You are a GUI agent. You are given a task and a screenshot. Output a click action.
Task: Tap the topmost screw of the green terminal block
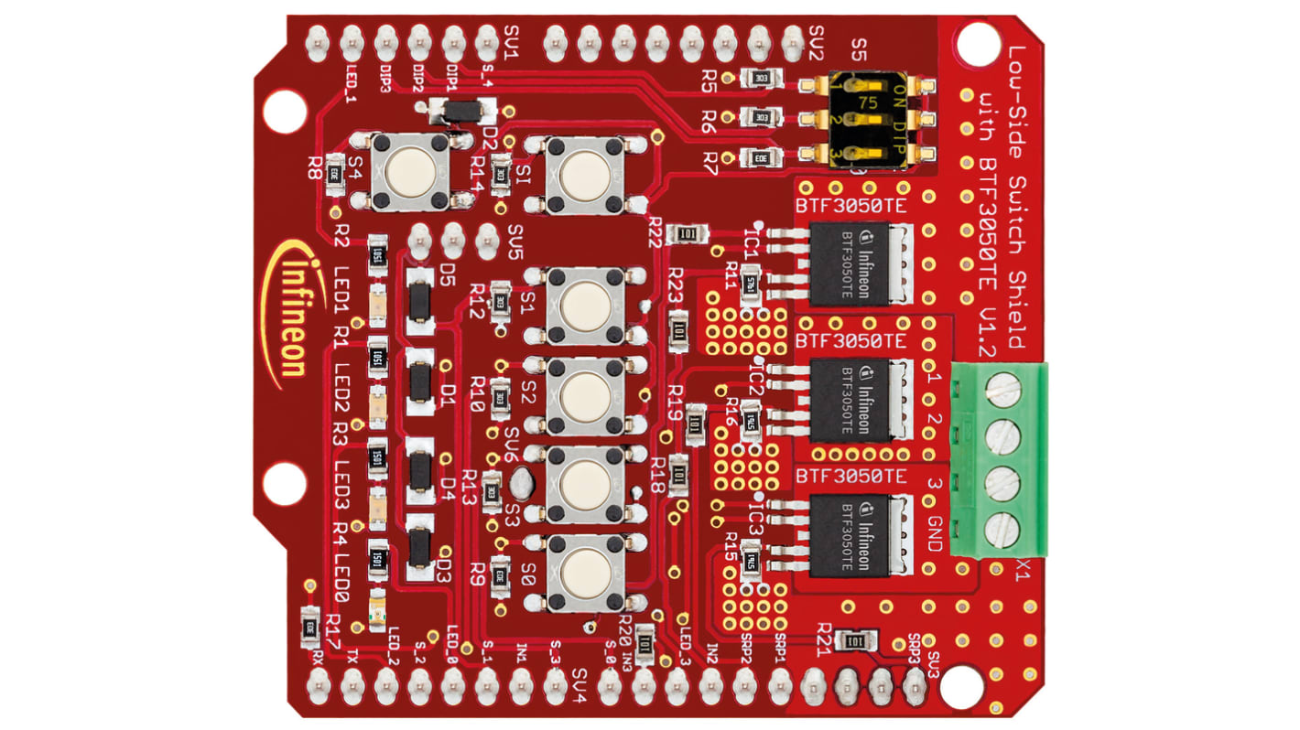pos(1002,392)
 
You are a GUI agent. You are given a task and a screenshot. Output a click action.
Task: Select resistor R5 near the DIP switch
pos(760,80)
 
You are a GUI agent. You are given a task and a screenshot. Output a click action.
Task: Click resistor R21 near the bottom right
pos(853,642)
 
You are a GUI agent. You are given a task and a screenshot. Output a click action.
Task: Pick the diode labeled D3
pos(420,549)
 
